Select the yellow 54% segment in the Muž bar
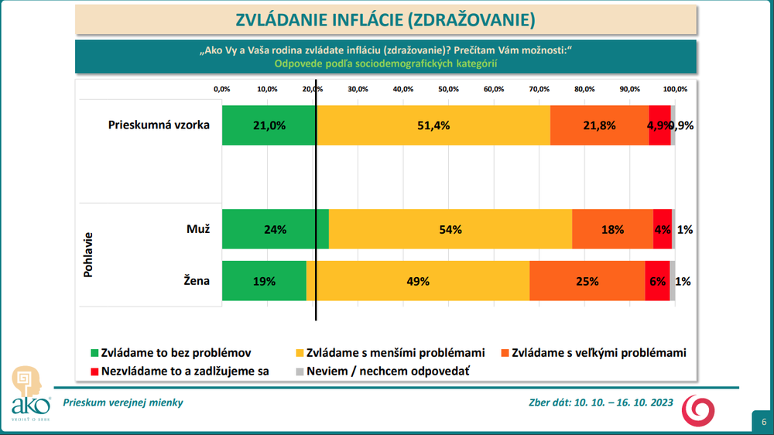point(450,230)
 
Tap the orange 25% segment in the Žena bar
point(587,282)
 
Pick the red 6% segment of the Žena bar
point(657,282)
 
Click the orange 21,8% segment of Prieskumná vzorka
point(599,125)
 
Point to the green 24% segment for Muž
point(275,230)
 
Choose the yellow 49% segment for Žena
point(418,282)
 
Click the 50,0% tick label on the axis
point(448,89)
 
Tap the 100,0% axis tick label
point(675,89)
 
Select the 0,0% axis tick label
point(222,89)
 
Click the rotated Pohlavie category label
point(88,255)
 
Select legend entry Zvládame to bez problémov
point(176,353)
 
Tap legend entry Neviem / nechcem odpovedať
point(388,371)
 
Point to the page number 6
point(762,423)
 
